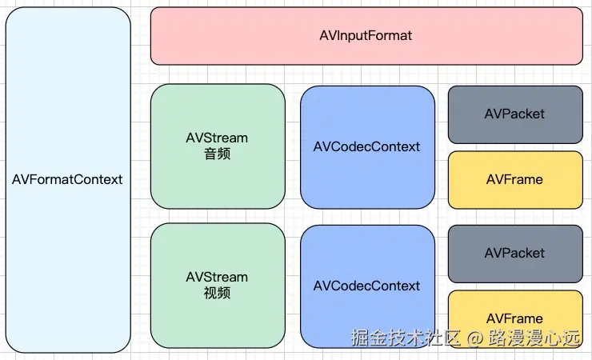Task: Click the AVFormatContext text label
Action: pyautogui.click(x=67, y=179)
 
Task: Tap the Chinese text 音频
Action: pyautogui.click(x=217, y=154)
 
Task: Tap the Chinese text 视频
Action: pyautogui.click(x=217, y=293)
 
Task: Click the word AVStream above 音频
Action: pyautogui.click(x=217, y=138)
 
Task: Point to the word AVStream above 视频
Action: pyautogui.click(x=217, y=277)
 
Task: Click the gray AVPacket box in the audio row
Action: pyautogui.click(x=514, y=114)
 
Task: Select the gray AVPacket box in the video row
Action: pyautogui.click(x=514, y=253)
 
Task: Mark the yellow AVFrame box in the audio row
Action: pyautogui.click(x=514, y=179)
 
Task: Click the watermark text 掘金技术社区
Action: pyautogui.click(x=406, y=338)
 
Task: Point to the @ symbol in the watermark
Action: pyautogui.click(x=475, y=338)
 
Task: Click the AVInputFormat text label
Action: pyautogui.click(x=366, y=36)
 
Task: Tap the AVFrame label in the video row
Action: pyautogui.click(x=514, y=318)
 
